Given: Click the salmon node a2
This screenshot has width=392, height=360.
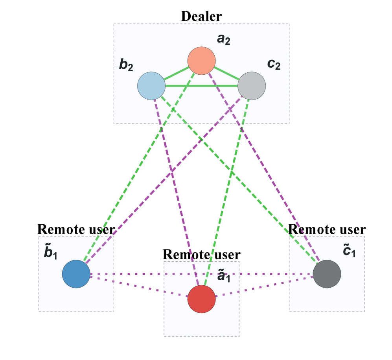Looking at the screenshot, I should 201,61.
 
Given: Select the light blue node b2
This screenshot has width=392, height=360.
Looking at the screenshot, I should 151,86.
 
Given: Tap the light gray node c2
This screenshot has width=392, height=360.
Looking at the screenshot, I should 252,86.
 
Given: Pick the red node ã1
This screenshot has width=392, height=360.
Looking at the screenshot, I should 201,299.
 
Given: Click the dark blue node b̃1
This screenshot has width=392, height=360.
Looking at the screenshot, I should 76,274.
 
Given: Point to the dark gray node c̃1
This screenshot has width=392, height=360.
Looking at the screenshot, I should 327,274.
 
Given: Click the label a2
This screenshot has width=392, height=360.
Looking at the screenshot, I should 223,40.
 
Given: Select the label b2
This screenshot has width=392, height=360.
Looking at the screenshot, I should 126,65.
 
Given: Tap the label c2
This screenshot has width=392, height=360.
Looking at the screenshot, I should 274,64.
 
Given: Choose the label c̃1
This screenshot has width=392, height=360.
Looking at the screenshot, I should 349,251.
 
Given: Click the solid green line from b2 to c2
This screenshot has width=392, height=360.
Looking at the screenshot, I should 201,86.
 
